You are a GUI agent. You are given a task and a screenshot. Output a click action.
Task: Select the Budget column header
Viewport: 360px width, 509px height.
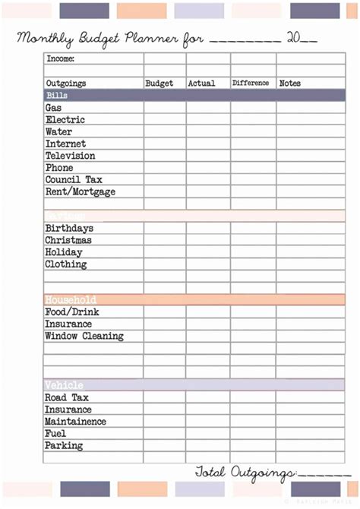pos(159,84)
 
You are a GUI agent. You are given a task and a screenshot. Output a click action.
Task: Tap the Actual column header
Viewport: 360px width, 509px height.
pos(201,84)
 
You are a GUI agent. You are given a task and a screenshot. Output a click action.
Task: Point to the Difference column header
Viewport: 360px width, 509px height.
pos(251,83)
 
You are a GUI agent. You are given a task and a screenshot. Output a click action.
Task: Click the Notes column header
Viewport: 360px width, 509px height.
pos(290,84)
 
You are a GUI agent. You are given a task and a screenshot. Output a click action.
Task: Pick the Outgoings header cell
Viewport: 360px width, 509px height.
pos(66,84)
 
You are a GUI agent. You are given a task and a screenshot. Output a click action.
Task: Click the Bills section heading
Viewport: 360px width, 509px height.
pos(57,96)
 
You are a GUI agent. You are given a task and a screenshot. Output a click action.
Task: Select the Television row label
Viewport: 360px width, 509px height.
pos(70,156)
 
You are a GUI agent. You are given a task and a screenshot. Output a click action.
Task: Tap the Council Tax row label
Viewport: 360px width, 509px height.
pos(73,180)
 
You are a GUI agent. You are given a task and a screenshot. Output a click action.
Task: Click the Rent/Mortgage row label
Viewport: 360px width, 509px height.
pos(80,192)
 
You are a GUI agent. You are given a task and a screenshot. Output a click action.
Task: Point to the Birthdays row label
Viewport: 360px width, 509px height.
pos(69,228)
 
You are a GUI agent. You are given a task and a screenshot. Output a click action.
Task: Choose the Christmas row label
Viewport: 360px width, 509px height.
pos(68,240)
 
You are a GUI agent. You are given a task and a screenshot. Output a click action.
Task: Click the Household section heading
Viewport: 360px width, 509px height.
pos(71,300)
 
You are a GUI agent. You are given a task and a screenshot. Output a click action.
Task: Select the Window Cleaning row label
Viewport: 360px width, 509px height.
pos(84,336)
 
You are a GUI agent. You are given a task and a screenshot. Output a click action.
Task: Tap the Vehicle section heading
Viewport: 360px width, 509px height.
pos(64,385)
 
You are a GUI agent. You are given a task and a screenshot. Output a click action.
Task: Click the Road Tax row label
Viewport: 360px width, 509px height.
pos(67,397)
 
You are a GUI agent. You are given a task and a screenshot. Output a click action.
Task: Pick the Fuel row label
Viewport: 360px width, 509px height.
pos(55,434)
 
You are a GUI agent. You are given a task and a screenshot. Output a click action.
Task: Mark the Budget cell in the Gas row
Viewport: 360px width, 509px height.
pos(164,108)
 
